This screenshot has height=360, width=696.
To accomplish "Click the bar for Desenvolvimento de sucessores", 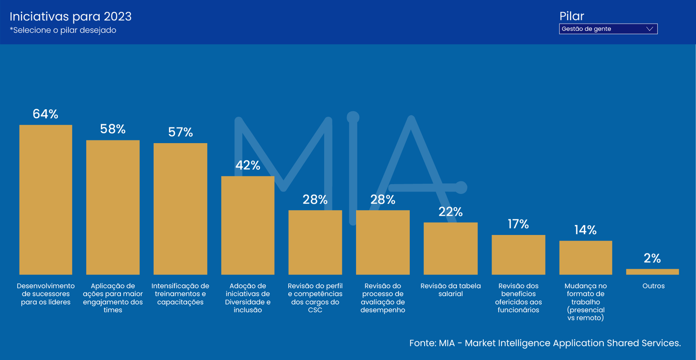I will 46,200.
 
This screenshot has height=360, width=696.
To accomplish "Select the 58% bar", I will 113,207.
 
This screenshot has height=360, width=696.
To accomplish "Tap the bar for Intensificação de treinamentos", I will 180,209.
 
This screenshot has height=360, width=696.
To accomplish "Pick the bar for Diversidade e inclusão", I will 248,225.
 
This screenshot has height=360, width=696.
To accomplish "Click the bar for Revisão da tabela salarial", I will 451,249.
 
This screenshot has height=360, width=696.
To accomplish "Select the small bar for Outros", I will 652,272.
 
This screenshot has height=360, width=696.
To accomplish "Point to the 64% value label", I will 45,114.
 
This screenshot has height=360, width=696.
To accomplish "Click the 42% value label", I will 248,165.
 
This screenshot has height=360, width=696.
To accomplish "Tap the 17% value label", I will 518,224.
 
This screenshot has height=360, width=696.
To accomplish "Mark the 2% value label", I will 652,258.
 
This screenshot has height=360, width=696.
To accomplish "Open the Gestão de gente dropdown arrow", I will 650,29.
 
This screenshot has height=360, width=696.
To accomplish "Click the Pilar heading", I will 572,16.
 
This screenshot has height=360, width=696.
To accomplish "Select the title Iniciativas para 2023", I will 70,17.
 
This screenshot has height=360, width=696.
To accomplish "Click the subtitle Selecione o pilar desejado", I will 63,30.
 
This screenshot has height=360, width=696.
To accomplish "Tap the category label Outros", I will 653,286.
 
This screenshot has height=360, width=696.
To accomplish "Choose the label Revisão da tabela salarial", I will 451,290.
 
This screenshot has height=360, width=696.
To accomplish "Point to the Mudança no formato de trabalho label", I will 586,302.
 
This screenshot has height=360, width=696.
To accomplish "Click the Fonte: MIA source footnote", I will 545,343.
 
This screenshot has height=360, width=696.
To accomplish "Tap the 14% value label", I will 586,230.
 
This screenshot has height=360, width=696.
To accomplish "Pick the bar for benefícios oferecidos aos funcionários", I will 518,255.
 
